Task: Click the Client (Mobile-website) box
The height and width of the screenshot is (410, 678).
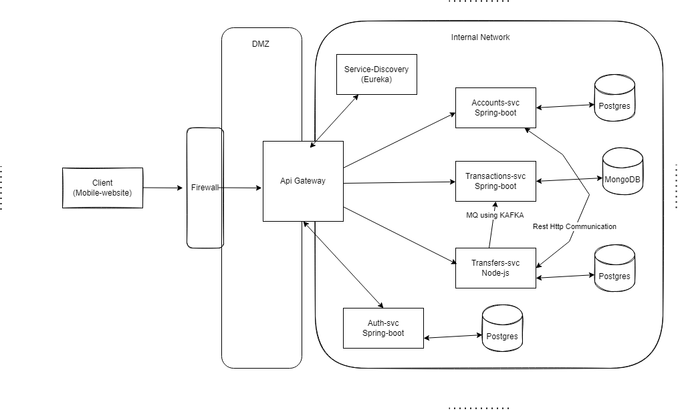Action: pos(102,188)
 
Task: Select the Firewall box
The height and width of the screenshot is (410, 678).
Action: pos(205,188)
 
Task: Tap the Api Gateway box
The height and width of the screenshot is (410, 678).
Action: pos(303,181)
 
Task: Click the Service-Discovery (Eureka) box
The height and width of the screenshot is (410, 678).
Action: pos(376,74)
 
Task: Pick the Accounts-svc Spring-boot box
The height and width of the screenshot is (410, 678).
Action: pos(495,108)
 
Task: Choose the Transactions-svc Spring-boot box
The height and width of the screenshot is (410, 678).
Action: pos(495,181)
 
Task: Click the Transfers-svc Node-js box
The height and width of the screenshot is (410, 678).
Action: pos(495,268)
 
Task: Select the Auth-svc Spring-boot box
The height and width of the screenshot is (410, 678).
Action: pos(383,328)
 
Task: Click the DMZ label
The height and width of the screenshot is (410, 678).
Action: pos(261,44)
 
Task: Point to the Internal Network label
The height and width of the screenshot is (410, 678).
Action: pos(480,37)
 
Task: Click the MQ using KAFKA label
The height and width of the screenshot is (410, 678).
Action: pos(495,215)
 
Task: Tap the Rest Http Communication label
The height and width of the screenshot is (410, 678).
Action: pos(574,227)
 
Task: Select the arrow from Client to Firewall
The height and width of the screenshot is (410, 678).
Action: pos(162,188)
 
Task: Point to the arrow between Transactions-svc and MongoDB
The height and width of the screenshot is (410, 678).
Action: pos(569,179)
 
